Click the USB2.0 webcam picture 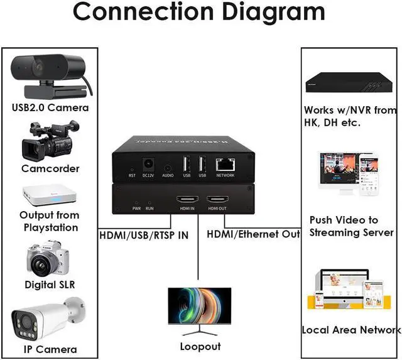[x=49, y=74]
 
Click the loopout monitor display [x=199, y=311]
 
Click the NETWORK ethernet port [x=225, y=165]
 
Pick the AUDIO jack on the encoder [x=168, y=168]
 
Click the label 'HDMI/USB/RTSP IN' [x=144, y=236]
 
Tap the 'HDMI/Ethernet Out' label [x=253, y=234]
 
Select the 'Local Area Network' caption [x=350, y=330]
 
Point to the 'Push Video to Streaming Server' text [x=351, y=226]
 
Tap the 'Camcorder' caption [x=50, y=168]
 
